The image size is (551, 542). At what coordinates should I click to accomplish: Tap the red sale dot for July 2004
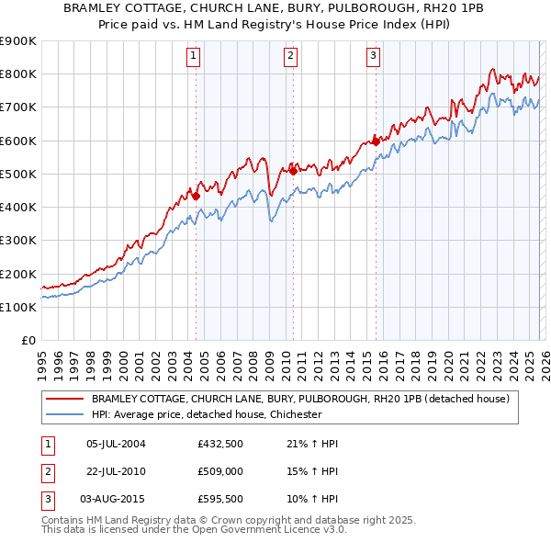point(196,195)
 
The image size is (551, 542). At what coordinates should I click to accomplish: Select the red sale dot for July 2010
point(293,170)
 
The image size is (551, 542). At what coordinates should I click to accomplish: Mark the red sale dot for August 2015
point(376,141)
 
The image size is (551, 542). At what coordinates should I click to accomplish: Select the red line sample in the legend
point(64,399)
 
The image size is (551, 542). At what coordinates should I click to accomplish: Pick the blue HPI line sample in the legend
point(64,414)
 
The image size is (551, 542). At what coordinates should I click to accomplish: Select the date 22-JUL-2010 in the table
point(116,470)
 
